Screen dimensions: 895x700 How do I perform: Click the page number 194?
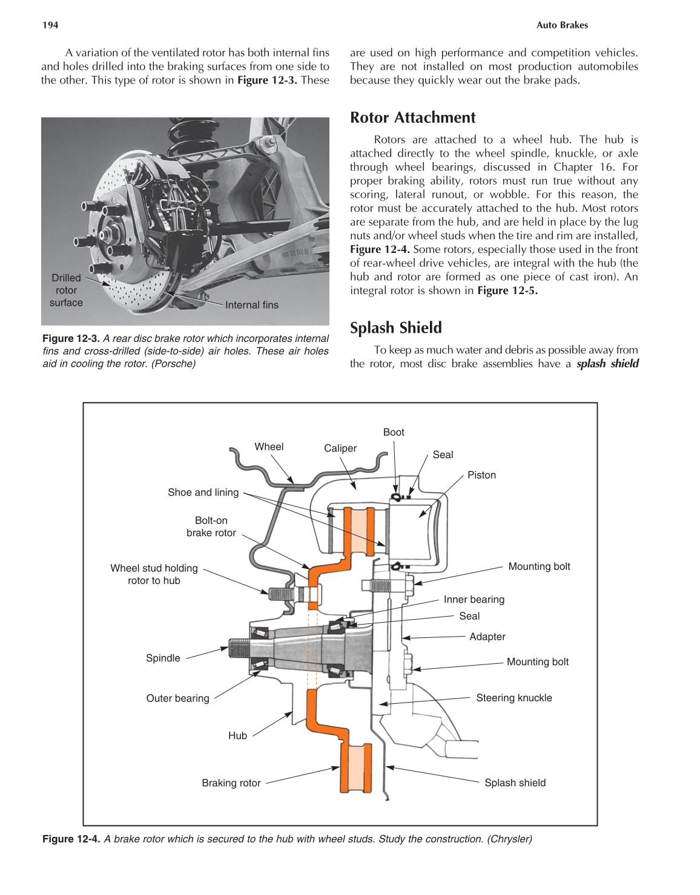pos(50,25)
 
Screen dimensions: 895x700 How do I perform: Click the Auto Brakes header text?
pos(561,25)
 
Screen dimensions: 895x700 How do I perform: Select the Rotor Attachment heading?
pos(412,117)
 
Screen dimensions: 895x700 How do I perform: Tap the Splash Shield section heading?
pos(395,327)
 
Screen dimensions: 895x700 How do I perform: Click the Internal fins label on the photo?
pos(251,305)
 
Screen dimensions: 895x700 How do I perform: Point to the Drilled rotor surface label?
pos(66,290)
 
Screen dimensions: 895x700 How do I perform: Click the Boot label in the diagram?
pos(393,432)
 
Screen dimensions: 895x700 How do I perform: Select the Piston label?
pos(481,475)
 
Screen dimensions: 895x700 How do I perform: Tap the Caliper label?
pos(340,448)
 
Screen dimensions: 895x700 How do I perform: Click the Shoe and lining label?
pos(203,493)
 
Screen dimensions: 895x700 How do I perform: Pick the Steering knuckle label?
pos(513,698)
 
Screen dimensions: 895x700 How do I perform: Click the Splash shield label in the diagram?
pos(515,782)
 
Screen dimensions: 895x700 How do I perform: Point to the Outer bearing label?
pos(177,698)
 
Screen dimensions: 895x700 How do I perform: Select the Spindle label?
pos(163,658)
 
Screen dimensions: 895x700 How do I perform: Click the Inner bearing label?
pos(474,600)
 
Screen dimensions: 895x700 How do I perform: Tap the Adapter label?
pos(487,637)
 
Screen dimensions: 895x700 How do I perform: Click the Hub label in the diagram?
pos(237,736)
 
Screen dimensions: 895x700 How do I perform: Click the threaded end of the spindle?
pos(239,648)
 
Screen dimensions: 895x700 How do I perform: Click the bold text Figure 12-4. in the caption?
pos(71,839)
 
